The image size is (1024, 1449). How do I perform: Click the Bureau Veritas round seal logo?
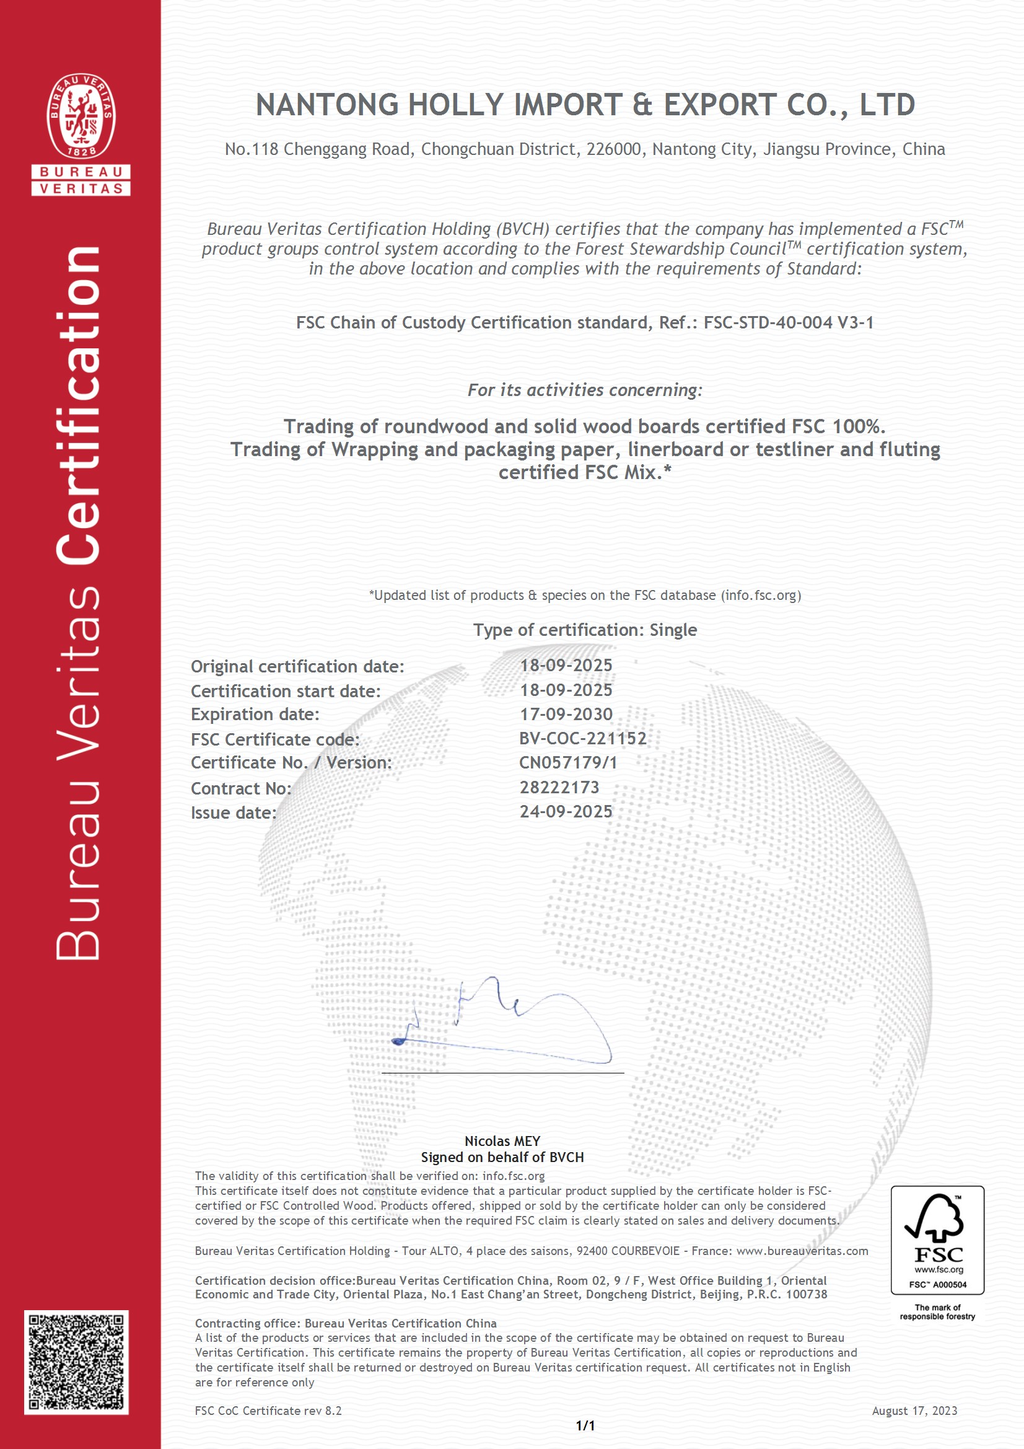point(81,116)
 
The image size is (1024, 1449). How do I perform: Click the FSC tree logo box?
point(937,1240)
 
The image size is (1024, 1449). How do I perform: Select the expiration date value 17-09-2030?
point(566,715)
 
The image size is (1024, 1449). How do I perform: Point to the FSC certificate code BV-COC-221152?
point(582,738)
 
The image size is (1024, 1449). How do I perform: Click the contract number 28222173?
point(559,787)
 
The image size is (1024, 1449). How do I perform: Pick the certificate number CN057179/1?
point(568,762)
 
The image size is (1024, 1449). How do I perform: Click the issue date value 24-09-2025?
point(566,812)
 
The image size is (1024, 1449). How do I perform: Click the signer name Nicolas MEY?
point(502,1141)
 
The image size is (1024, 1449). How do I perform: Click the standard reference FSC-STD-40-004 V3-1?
point(788,323)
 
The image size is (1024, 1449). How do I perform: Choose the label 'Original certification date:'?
point(297,666)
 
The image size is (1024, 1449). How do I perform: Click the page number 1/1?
point(585,1425)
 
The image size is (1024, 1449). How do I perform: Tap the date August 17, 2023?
point(914,1411)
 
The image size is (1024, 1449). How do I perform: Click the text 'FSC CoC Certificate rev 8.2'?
point(268,1411)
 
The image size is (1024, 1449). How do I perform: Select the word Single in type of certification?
point(673,630)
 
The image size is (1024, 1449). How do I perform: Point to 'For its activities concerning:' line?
point(585,390)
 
